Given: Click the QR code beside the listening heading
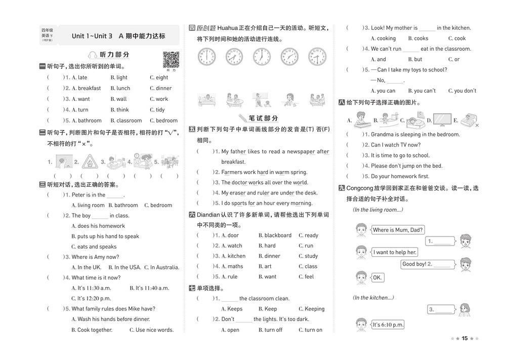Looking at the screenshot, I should pyautogui.click(x=171, y=59).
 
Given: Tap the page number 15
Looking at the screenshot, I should pyautogui.click(x=465, y=338).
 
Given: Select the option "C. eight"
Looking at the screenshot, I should pyautogui.click(x=159, y=77).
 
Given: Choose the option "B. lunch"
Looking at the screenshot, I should pyautogui.click(x=120, y=88).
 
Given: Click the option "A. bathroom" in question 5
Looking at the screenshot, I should pyautogui.click(x=87, y=121).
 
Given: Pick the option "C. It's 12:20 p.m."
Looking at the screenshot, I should pyautogui.click(x=91, y=298).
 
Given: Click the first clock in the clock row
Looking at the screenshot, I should pyautogui.click(x=206, y=57).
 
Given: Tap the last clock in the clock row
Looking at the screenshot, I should pyautogui.click(x=317, y=57).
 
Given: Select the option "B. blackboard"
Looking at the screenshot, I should pyautogui.click(x=275, y=235).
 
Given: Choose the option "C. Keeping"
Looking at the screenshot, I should pyautogui.click(x=311, y=309).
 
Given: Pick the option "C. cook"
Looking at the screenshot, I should pyautogui.click(x=457, y=38).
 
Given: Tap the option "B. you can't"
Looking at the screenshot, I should pyautogui.click(x=421, y=91).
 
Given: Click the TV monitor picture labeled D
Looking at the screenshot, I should pyautogui.click(x=442, y=119).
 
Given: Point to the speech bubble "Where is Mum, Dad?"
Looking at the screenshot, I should pyautogui.click(x=398, y=230).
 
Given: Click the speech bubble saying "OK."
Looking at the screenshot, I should pyautogui.click(x=377, y=277).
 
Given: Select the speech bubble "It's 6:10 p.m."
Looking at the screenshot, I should pyautogui.click(x=388, y=325).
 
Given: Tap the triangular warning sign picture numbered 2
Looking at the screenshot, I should pyautogui.click(x=90, y=162).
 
